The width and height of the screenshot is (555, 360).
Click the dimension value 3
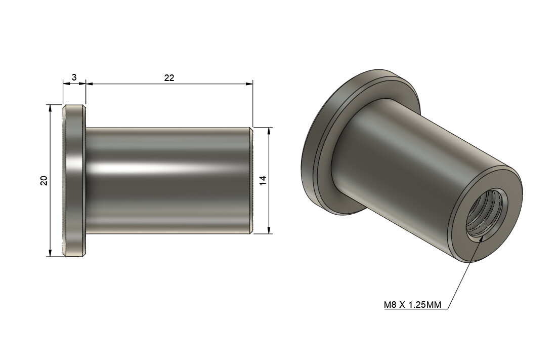(74, 77)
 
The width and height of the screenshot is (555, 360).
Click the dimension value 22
(169, 77)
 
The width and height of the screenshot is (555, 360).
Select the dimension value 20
(44, 181)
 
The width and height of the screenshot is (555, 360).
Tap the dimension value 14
(262, 181)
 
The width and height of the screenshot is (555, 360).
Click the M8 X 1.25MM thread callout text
(412, 305)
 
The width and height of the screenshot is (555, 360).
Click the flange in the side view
(74, 181)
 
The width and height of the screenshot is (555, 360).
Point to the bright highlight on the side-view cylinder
(152, 168)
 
